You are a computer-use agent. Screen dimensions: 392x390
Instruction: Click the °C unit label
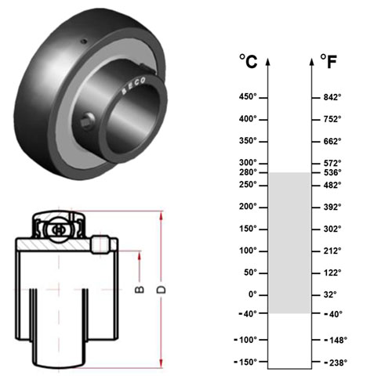coord(249,61)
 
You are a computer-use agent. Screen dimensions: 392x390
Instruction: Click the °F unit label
coord(328,61)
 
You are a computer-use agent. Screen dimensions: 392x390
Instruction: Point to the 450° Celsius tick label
coord(248,96)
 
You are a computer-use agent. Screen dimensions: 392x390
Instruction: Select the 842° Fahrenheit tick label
coord(332,97)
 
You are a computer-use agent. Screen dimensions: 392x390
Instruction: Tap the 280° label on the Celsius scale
coord(248,172)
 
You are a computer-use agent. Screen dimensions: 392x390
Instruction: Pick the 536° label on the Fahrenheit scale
coord(332,172)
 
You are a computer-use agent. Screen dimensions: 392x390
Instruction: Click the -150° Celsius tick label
coord(245,362)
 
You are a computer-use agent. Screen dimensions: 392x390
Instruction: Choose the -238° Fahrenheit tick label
coord(336,363)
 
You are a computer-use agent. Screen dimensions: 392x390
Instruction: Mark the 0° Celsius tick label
coord(252,294)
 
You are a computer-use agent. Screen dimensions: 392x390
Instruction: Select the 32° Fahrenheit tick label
coord(330,294)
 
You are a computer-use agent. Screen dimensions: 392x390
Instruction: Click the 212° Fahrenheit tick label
coord(332,251)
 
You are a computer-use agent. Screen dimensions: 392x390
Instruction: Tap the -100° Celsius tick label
coord(245,340)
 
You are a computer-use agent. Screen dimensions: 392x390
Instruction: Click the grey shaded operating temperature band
coord(289,243)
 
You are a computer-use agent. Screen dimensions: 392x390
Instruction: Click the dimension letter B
coord(140,290)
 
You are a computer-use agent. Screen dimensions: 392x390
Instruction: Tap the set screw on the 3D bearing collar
coord(87,120)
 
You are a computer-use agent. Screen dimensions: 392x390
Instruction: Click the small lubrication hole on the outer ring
coord(84,42)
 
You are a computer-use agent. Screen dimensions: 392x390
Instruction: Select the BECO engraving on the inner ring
coord(133,85)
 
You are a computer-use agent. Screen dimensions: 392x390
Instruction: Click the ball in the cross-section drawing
coord(59,230)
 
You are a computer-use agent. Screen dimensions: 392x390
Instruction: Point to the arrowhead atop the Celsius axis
coord(267,62)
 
